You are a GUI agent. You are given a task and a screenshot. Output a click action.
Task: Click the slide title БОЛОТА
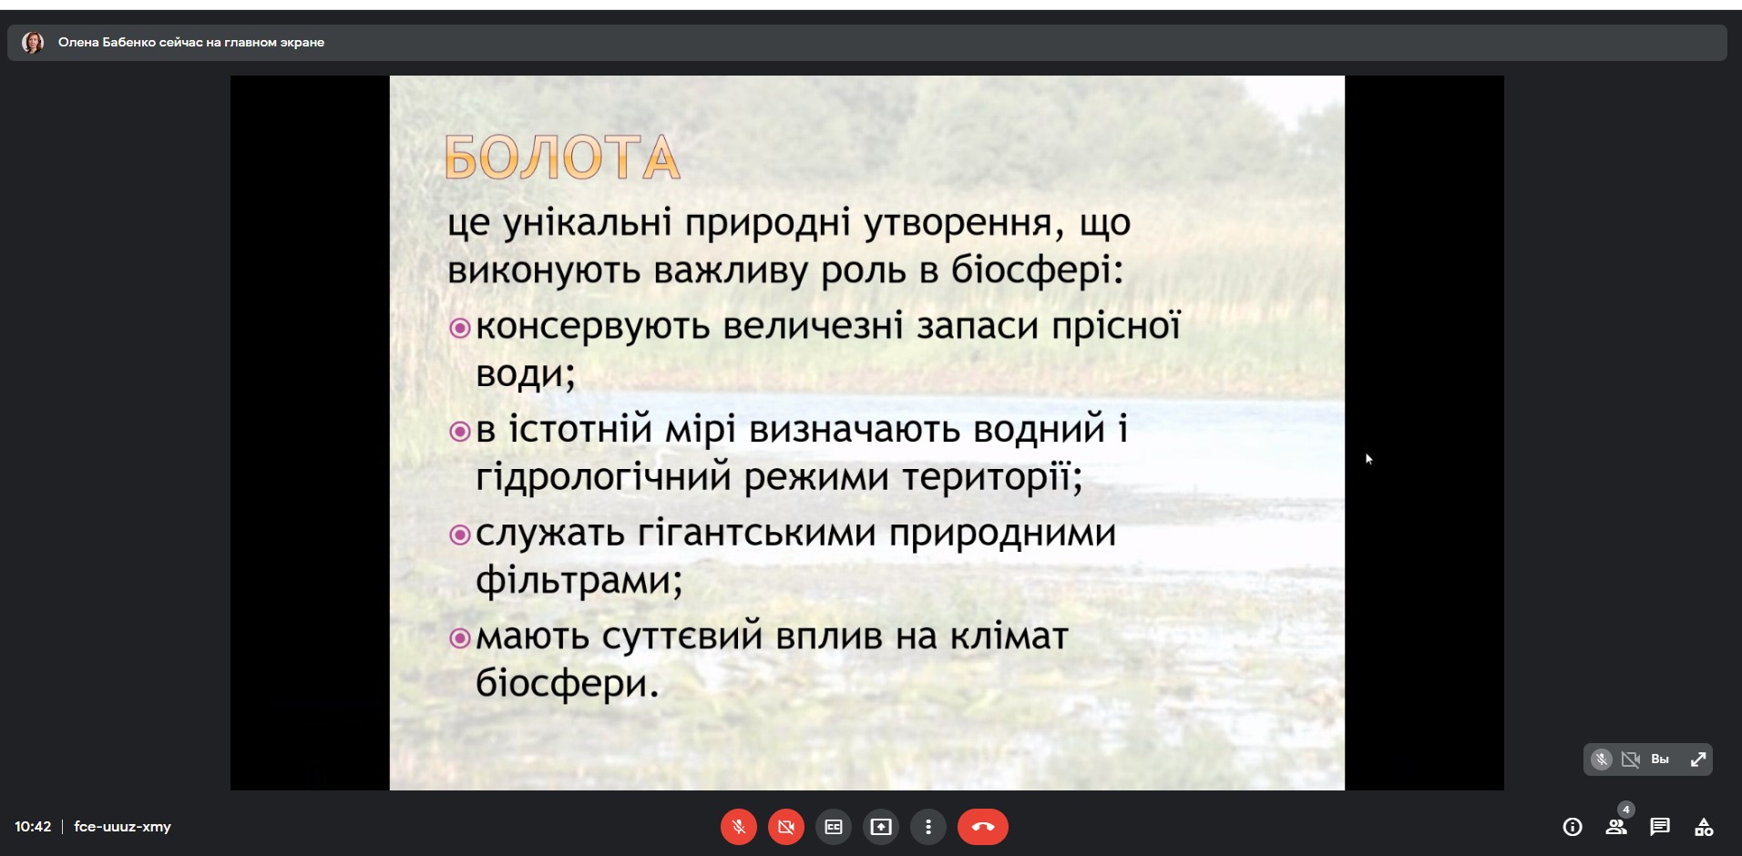point(562,158)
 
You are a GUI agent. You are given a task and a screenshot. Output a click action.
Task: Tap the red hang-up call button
point(982,827)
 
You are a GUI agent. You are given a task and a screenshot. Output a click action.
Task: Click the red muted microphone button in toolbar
point(739,827)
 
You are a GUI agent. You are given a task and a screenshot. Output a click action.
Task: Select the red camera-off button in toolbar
point(786,827)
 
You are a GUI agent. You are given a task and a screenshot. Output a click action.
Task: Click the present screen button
point(881,827)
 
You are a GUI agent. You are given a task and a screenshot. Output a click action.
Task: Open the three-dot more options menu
point(928,827)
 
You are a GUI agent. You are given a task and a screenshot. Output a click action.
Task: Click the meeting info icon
point(1573,827)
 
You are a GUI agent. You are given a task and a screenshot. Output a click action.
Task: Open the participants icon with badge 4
point(1616,826)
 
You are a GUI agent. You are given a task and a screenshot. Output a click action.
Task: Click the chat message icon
point(1660,827)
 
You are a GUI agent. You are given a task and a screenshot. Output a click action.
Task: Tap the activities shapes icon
point(1704,827)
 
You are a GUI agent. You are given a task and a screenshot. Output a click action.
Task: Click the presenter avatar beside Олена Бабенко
point(33,43)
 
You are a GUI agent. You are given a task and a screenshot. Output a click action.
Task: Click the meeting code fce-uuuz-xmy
point(122,827)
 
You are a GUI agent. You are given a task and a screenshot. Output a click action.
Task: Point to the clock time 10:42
point(33,827)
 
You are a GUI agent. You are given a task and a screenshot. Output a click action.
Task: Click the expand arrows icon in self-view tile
point(1698,759)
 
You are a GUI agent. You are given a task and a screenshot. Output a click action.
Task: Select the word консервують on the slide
point(593,326)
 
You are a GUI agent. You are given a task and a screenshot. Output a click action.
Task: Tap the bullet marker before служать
point(460,535)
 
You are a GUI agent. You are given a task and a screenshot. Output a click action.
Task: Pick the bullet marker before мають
point(460,638)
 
